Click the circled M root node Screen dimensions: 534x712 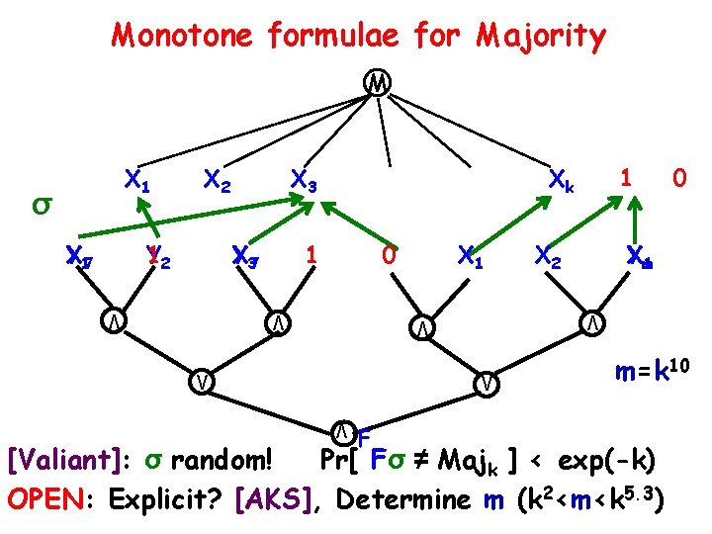376,82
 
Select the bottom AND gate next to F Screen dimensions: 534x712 341,430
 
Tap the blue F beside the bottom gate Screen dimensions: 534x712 363,438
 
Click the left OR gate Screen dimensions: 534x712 202,381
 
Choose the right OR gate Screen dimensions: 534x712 485,382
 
